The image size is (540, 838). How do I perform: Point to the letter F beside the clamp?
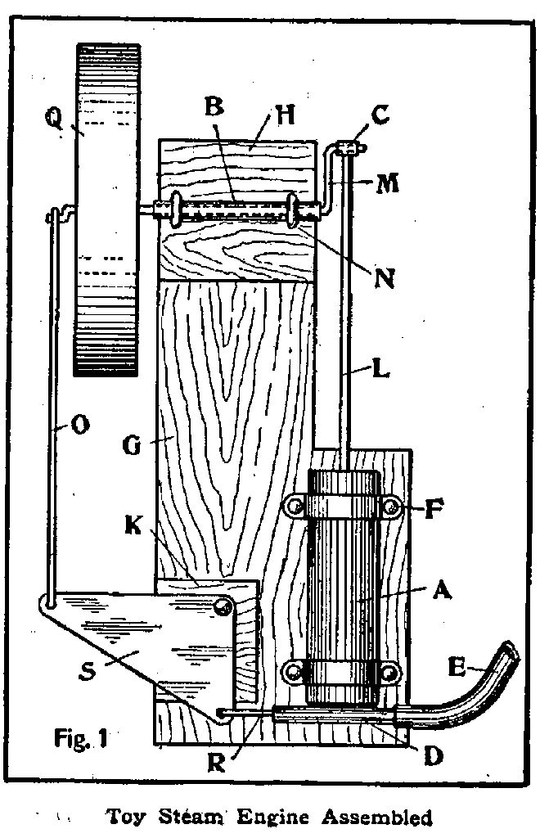[435, 512]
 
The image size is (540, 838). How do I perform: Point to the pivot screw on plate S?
[222, 606]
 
